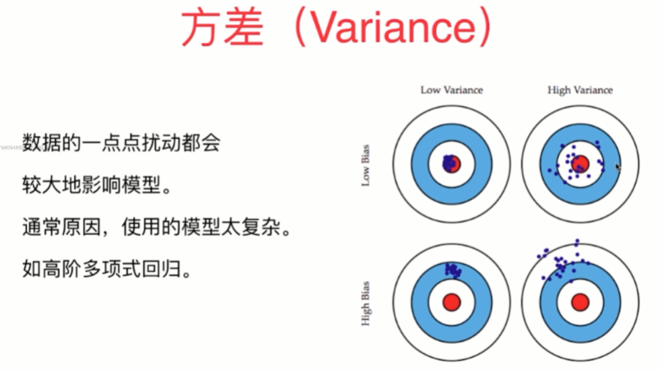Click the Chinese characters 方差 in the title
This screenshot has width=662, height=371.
222,28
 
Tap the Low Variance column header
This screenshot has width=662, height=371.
451,90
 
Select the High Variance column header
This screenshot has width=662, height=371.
580,90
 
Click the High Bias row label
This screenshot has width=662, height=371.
366,303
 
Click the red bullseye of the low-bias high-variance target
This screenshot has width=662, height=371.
581,164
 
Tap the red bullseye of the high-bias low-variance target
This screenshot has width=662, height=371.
451,302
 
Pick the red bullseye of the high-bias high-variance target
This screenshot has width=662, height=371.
581,302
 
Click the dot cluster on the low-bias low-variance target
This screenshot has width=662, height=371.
449,162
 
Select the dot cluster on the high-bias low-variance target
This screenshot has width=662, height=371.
453,270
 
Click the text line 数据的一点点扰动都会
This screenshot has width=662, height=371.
121,143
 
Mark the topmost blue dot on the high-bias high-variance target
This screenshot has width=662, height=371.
577,240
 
